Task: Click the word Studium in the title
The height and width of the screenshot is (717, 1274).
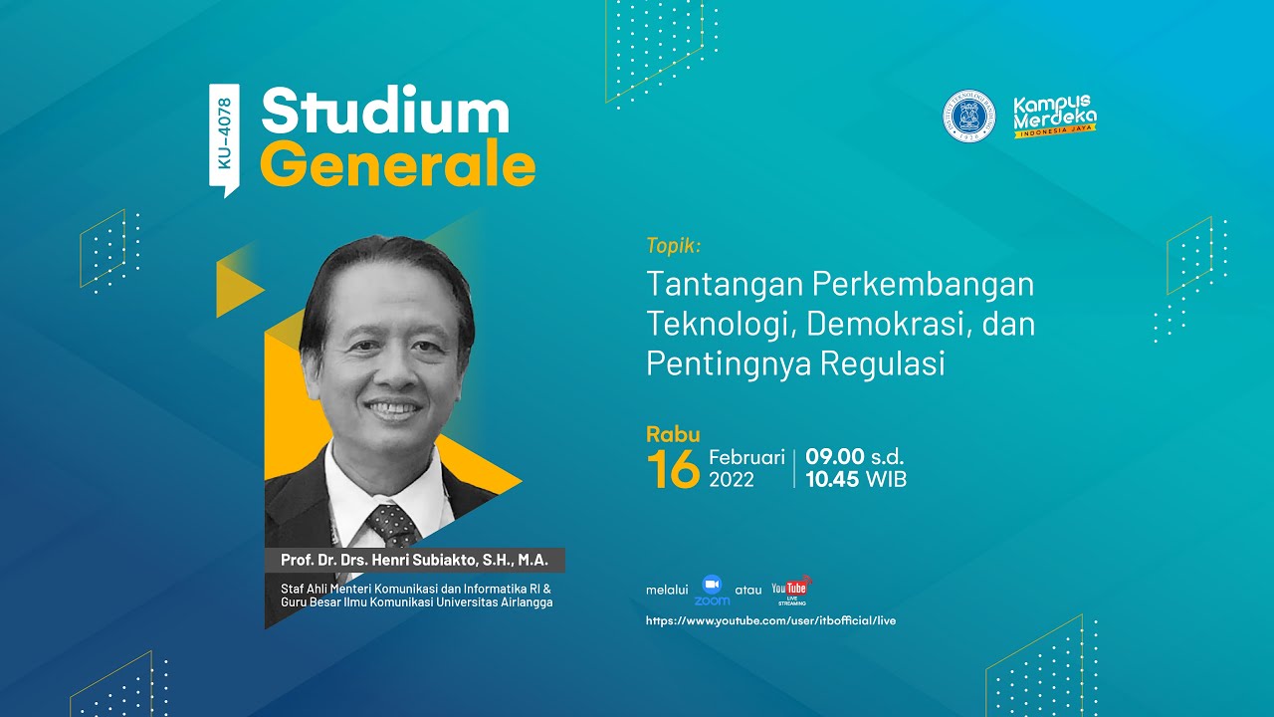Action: pyautogui.click(x=385, y=113)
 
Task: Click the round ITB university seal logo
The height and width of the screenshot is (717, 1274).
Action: pyautogui.click(x=968, y=116)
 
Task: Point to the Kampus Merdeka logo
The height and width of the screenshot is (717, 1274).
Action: pyautogui.click(x=1054, y=116)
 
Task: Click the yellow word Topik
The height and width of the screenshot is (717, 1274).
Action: pyautogui.click(x=674, y=245)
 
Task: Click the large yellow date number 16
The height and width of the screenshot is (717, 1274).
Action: pyautogui.click(x=673, y=469)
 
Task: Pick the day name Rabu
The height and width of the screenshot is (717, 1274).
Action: pyautogui.click(x=673, y=434)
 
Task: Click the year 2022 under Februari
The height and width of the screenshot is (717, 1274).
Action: pyautogui.click(x=732, y=480)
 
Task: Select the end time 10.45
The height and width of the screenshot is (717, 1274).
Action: pyautogui.click(x=833, y=480)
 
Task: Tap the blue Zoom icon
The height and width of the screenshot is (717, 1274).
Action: pyautogui.click(x=712, y=588)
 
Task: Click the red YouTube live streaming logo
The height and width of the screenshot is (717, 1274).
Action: pyautogui.click(x=790, y=589)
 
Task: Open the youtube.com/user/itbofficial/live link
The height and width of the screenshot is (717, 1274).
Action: pyautogui.click(x=770, y=620)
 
